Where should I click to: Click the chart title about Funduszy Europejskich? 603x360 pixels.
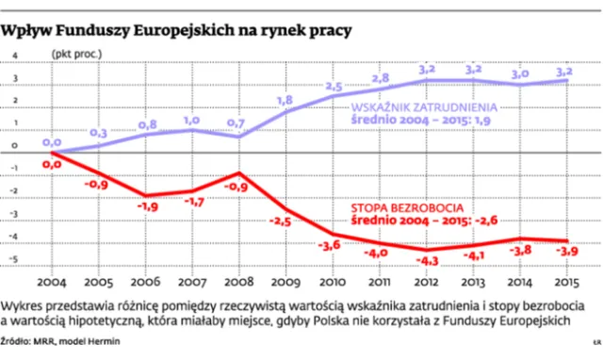[x=177, y=30]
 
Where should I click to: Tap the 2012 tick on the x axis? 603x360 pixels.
[x=427, y=282]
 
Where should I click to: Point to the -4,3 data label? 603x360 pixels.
[x=427, y=259]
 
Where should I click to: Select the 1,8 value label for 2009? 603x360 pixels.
[x=285, y=99]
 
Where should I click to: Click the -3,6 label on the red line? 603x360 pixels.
[x=332, y=245]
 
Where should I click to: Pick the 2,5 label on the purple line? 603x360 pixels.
[x=334, y=87]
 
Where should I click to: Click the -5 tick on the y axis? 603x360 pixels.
[x=15, y=265]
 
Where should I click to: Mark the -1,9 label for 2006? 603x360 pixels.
[x=147, y=205]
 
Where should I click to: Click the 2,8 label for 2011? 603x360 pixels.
[x=381, y=77]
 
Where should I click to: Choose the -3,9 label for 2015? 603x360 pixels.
[x=566, y=252]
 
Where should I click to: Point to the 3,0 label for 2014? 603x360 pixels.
[x=519, y=73]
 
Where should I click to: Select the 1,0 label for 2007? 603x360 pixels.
[x=192, y=120]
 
